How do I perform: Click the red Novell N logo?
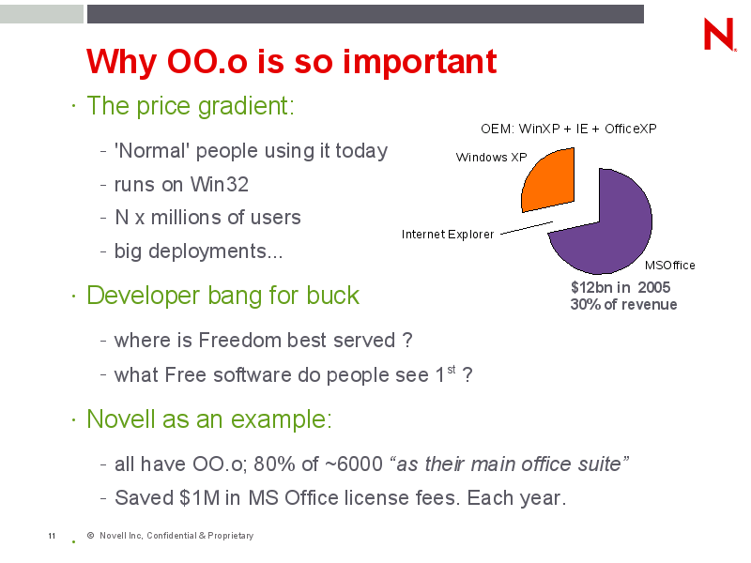[x=719, y=34]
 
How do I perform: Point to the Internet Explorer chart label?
[x=448, y=234]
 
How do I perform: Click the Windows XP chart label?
[x=491, y=158]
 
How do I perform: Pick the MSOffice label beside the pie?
[x=669, y=266]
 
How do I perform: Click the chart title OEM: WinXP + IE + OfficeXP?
[x=569, y=129]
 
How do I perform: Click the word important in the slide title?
[x=420, y=62]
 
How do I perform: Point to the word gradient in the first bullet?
[x=246, y=106]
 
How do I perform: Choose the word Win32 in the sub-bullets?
[x=220, y=184]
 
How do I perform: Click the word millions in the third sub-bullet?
[x=186, y=218]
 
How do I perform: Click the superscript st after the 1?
[x=452, y=369]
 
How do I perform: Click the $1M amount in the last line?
[x=200, y=498]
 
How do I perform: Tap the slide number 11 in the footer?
[x=52, y=536]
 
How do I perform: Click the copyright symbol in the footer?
[x=90, y=535]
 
